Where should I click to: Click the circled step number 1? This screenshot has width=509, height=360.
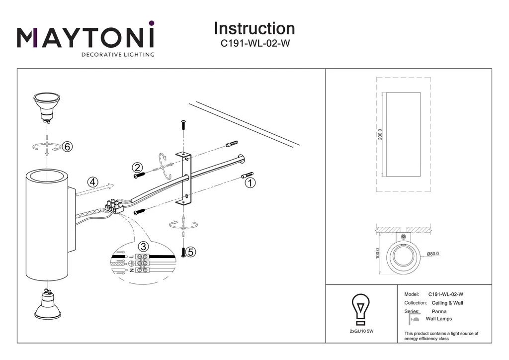point(251,183)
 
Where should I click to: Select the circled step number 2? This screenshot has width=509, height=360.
point(138,168)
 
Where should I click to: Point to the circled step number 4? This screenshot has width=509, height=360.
point(92,182)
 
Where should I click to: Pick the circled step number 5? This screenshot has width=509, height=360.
point(191,253)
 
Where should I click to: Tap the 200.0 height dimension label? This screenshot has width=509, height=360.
point(380,134)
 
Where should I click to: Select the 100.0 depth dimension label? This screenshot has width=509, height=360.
point(378,254)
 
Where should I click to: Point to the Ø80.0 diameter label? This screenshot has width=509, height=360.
point(433,254)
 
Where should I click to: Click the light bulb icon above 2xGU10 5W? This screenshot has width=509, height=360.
point(361,308)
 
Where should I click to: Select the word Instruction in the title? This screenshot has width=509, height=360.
point(254,28)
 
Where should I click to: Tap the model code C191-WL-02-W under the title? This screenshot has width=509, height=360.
point(254,43)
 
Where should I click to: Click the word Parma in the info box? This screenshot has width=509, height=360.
point(439,311)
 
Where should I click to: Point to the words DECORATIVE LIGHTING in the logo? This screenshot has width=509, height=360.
point(118,55)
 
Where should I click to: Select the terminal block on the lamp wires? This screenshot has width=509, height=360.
point(113,206)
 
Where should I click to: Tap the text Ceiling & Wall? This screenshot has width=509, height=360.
point(447,303)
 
